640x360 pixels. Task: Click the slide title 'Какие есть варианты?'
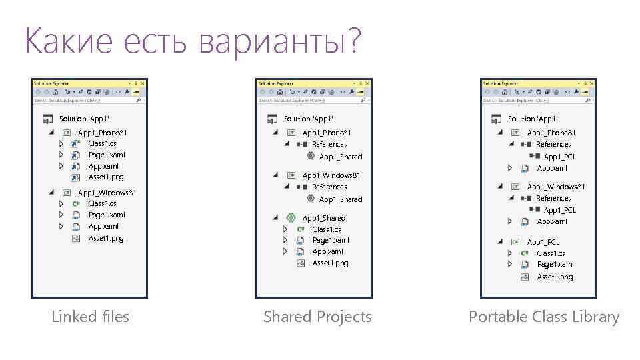point(192,41)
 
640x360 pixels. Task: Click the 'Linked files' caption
point(90,317)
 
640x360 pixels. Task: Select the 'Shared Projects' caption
point(317,317)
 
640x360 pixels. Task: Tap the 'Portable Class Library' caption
point(543,317)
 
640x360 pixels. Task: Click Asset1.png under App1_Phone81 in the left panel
point(105,177)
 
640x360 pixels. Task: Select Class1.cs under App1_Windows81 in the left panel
point(102,203)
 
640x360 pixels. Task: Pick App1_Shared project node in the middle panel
point(323,218)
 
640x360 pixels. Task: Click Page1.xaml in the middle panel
point(331,240)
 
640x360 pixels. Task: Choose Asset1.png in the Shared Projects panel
point(330,263)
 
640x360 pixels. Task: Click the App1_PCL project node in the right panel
point(543,242)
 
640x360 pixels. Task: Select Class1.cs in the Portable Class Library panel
point(551,253)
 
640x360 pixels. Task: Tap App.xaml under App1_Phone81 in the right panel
point(552,168)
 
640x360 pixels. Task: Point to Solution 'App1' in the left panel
point(84,119)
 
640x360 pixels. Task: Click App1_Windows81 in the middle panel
point(331,175)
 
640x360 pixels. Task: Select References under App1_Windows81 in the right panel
point(553,198)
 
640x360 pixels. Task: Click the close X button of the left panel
point(143,83)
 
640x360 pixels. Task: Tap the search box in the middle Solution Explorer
point(307,101)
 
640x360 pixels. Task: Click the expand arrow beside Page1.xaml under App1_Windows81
point(61,215)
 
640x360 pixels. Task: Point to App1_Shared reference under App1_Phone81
point(340,157)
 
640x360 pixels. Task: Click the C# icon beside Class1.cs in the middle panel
point(300,229)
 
